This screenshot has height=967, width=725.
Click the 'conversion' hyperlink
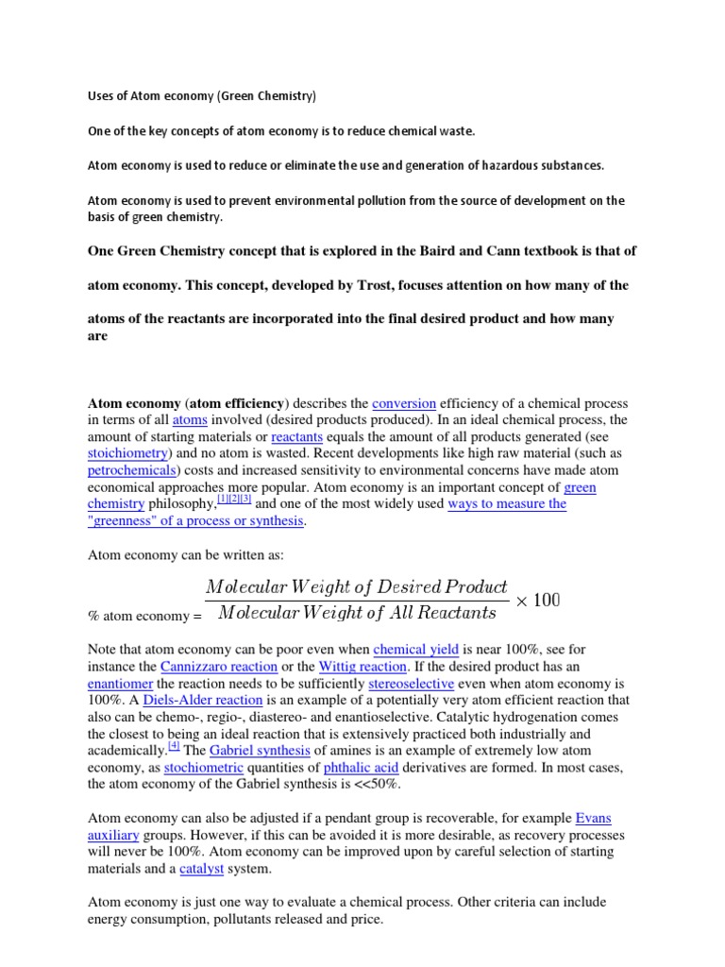pyautogui.click(x=403, y=403)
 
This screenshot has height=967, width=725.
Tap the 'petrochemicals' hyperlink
pyautogui.click(x=132, y=470)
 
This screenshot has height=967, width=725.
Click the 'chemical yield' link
pyautogui.click(x=416, y=649)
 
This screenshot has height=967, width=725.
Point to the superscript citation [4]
pyautogui.click(x=174, y=745)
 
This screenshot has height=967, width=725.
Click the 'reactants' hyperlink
pyautogui.click(x=296, y=437)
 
